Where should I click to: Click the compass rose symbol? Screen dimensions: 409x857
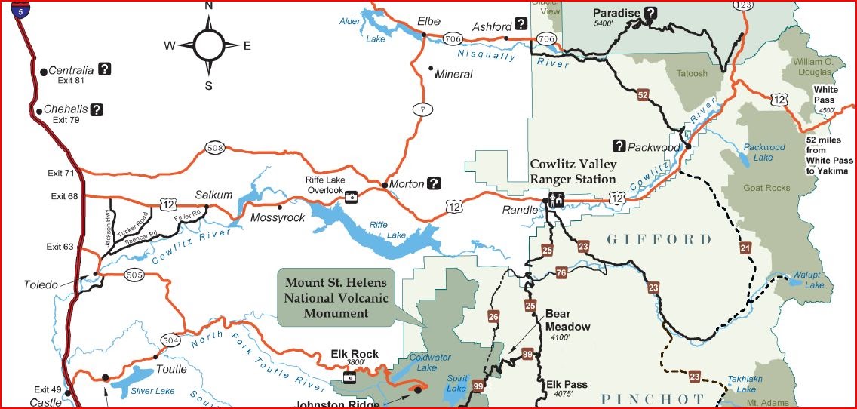208,45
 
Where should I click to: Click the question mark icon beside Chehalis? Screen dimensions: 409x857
97,109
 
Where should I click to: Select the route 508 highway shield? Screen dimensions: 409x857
216,147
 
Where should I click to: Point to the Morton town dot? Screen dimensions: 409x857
384,184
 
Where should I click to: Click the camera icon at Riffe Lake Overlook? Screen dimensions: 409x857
351,196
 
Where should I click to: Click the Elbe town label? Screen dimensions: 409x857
428,21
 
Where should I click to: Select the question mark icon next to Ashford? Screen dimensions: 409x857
521,23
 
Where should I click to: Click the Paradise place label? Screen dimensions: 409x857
616,12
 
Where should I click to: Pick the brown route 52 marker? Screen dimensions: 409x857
643,95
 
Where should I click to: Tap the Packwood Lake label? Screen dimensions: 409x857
763,152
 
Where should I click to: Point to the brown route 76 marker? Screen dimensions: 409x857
561,272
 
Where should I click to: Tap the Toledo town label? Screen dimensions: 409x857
41,284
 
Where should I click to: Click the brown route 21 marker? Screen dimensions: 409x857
745,248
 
